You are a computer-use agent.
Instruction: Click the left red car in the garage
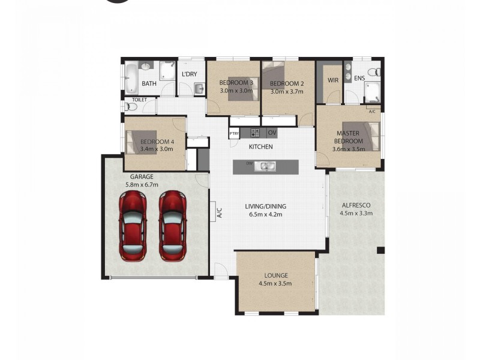tap(133, 225)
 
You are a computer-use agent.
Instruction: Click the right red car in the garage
tap(172, 225)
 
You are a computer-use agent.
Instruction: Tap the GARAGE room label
tap(142, 177)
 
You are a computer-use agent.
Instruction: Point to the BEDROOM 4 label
tap(157, 142)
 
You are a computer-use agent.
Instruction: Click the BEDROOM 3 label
tap(236, 83)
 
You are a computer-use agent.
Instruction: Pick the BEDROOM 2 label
tap(287, 83)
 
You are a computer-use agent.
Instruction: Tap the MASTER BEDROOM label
tap(348, 137)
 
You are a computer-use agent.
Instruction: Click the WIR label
tap(333, 80)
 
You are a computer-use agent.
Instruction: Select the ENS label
tap(359, 79)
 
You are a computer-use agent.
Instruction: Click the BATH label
tap(149, 84)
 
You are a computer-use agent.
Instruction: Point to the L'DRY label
tap(189, 74)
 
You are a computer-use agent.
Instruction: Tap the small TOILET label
tap(139, 100)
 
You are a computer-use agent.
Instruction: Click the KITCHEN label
tap(261, 146)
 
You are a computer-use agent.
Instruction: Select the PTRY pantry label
tap(234, 133)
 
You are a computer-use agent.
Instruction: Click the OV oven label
tap(272, 133)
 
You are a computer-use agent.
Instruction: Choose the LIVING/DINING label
tap(266, 206)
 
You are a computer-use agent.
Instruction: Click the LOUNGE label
tap(275, 275)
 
